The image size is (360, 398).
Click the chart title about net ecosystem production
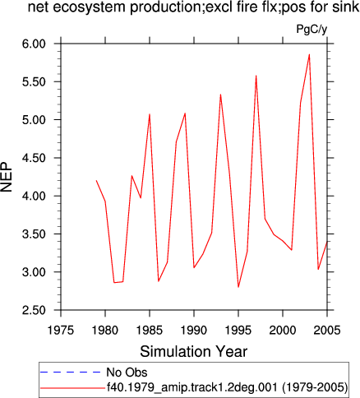pyautogui.click(x=193, y=7)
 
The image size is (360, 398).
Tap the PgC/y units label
pyautogui.click(x=312, y=29)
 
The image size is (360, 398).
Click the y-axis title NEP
pyautogui.click(x=7, y=177)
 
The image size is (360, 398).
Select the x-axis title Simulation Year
pyautogui.click(x=194, y=351)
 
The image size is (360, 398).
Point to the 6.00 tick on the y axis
pyautogui.click(x=34, y=44)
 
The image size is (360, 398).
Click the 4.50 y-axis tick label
pyautogui.click(x=34, y=158)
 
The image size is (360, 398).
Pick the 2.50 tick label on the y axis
pyautogui.click(x=34, y=310)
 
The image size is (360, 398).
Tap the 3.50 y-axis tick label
pyautogui.click(x=34, y=234)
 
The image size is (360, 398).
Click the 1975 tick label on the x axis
pyautogui.click(x=61, y=330)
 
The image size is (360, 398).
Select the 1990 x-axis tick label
pyautogui.click(x=194, y=330)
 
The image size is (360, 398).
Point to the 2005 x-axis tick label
pyautogui.click(x=327, y=330)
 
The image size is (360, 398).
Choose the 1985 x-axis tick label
pyautogui.click(x=150, y=330)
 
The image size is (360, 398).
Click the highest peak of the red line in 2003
pyautogui.click(x=309, y=54)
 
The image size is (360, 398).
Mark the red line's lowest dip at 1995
pyautogui.click(x=238, y=287)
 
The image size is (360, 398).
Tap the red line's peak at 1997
pyautogui.click(x=256, y=76)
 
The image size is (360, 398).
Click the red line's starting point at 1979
pyautogui.click(x=96, y=180)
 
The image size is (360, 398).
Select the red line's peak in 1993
pyautogui.click(x=220, y=95)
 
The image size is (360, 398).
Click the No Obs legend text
pyautogui.click(x=127, y=373)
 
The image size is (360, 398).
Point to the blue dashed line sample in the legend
pyautogui.click(x=71, y=372)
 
